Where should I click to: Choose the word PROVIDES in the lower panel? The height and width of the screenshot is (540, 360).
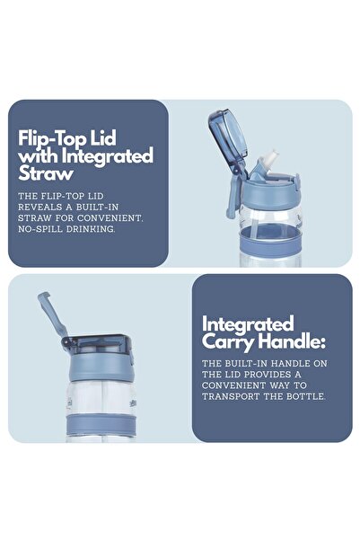point(268,375)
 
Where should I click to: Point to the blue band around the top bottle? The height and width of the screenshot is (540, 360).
point(271,241)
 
